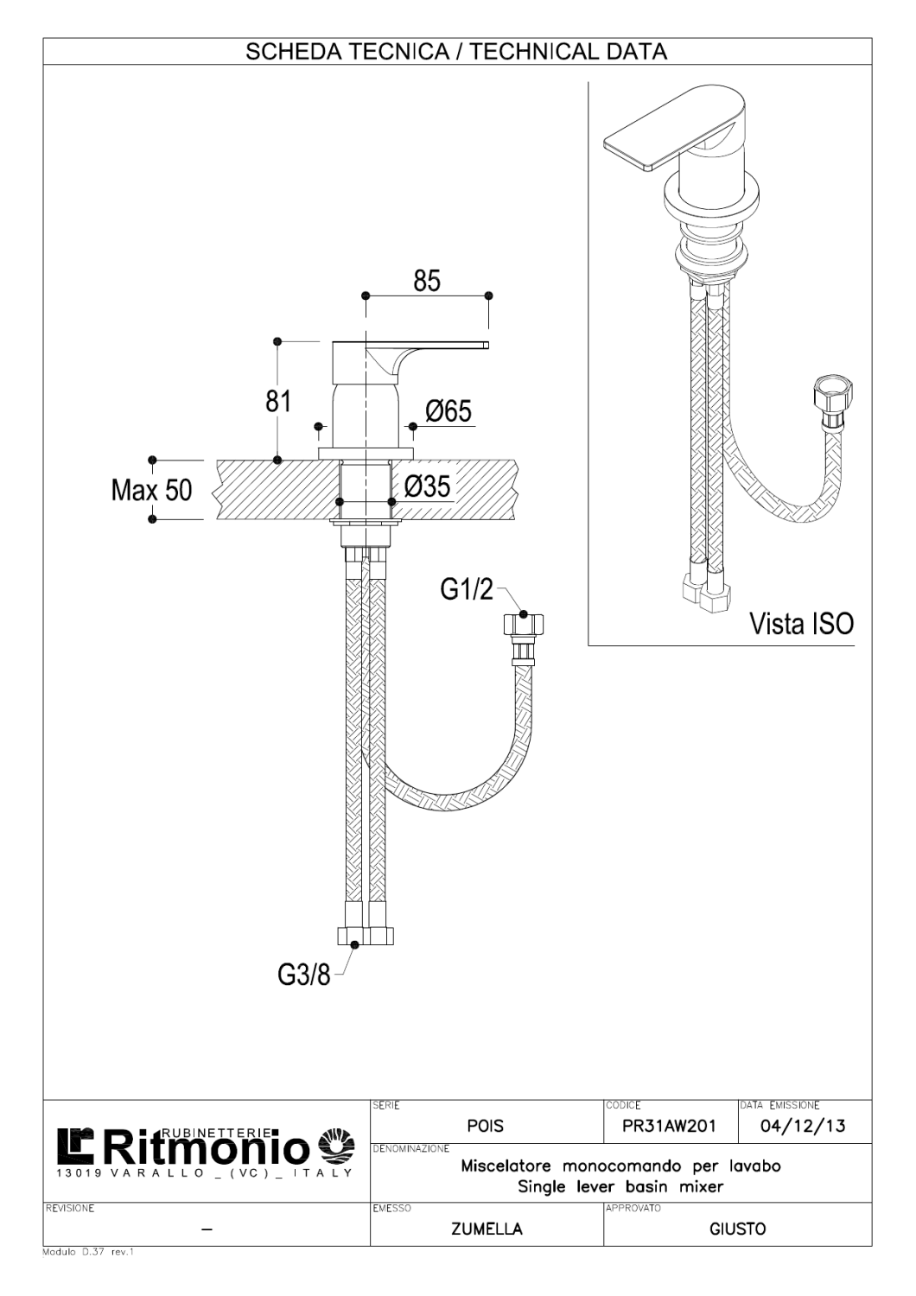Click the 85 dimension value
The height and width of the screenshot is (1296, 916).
pos(427,281)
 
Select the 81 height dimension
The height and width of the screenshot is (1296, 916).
pos(278,401)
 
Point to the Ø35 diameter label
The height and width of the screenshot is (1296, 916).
pos(427,486)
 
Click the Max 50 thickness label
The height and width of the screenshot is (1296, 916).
pos(151,491)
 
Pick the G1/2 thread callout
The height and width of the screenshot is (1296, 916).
pos(466,590)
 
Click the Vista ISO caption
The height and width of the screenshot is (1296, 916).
pos(801,623)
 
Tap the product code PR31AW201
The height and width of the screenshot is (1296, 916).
pos(669,1127)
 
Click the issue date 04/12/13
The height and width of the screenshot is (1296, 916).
pos(803,1127)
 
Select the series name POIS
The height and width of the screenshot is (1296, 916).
pos(485,1127)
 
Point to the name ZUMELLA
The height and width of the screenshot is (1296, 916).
pos(487,1229)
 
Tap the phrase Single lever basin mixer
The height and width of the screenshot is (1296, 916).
pos(620,1187)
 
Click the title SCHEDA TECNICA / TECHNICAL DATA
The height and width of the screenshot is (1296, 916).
pos(457,51)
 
